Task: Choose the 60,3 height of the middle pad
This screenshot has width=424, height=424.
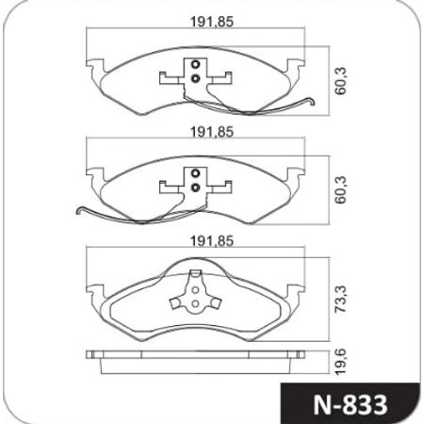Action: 341,191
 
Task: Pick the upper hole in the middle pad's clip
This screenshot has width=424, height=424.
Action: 195,172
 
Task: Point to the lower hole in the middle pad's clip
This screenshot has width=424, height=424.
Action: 195,187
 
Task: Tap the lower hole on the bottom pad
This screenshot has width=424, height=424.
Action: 195,304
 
